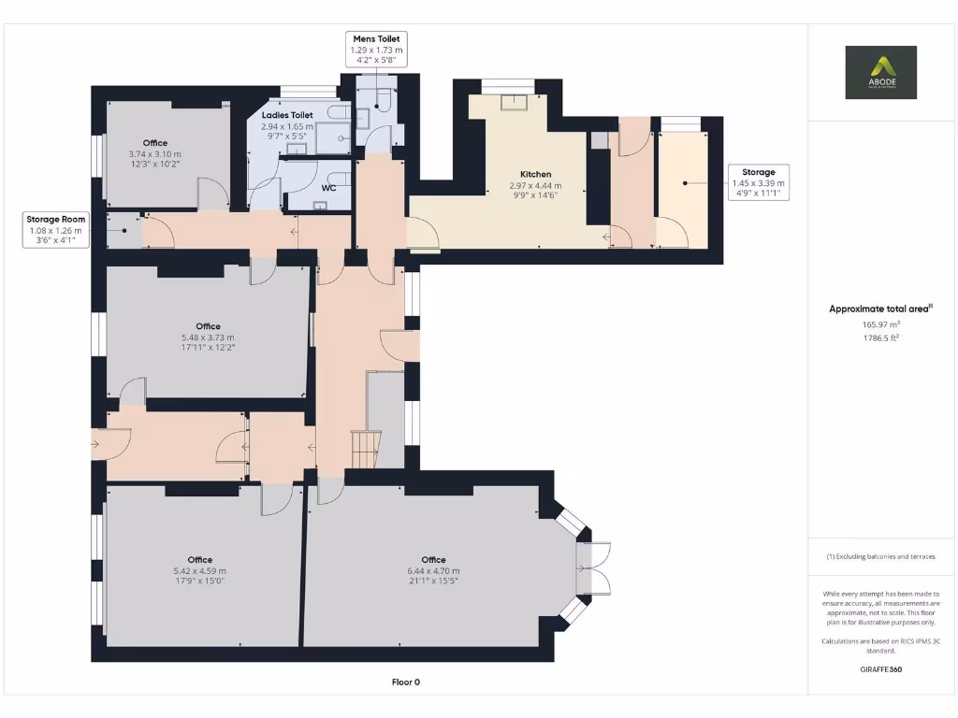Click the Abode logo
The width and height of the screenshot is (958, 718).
[x=880, y=72]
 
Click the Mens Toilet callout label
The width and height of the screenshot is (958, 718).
[x=376, y=50]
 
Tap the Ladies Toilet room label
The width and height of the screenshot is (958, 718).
[x=287, y=115]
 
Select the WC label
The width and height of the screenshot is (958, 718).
[x=328, y=188]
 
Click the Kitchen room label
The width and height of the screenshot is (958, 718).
[x=536, y=174]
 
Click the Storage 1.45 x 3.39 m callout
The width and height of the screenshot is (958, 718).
[x=759, y=184]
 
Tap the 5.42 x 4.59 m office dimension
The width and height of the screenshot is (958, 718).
[x=199, y=571]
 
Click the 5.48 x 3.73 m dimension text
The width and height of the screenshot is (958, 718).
[x=208, y=337]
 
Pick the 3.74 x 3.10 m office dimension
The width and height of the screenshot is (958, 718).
[x=155, y=153]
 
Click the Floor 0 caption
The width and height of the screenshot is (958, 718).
[x=405, y=682]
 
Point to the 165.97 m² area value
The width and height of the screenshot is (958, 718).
[x=880, y=324]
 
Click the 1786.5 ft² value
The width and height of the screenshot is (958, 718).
[x=880, y=337]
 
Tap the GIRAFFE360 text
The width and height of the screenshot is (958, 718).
[x=880, y=669]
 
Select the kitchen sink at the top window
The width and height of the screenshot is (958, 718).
[x=514, y=101]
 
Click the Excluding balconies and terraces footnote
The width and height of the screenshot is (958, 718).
[x=880, y=556]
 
